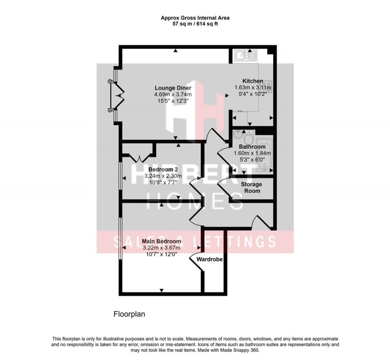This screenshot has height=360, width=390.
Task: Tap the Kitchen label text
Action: coord(253,81)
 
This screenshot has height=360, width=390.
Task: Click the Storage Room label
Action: coord(252,188)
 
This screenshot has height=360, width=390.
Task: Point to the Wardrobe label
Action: coord(210,260)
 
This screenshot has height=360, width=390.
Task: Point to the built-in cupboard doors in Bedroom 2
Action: coord(139,157)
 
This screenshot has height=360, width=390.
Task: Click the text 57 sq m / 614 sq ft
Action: coord(195,24)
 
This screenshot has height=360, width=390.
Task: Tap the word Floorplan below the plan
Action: coord(129,314)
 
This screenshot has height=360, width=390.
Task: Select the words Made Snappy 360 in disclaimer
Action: coord(240,350)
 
